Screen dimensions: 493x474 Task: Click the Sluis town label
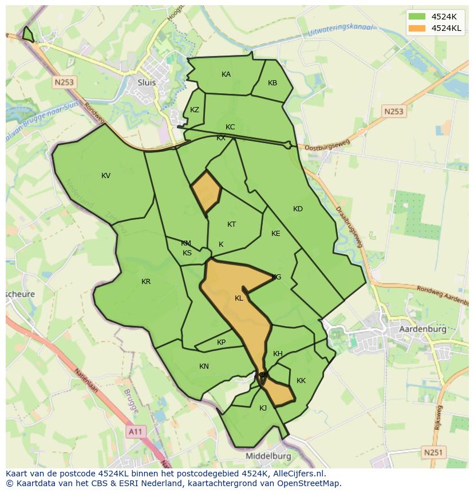point(147,82)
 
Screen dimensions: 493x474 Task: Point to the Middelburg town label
point(268,456)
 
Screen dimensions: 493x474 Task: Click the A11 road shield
point(135,432)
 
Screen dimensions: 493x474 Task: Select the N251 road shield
point(433,452)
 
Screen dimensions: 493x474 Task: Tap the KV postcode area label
point(106,176)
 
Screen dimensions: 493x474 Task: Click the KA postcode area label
point(226,74)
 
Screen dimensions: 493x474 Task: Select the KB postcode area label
point(272,83)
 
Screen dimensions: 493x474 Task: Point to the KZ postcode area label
point(195,110)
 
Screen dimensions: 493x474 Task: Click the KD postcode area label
point(298,209)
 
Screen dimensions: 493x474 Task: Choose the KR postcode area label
point(146,282)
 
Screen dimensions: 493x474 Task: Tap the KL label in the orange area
point(239,298)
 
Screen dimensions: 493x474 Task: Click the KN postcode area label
point(204,366)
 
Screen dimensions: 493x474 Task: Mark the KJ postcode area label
point(263,408)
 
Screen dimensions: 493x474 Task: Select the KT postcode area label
point(231,224)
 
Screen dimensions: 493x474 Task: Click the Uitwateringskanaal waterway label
point(340,30)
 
